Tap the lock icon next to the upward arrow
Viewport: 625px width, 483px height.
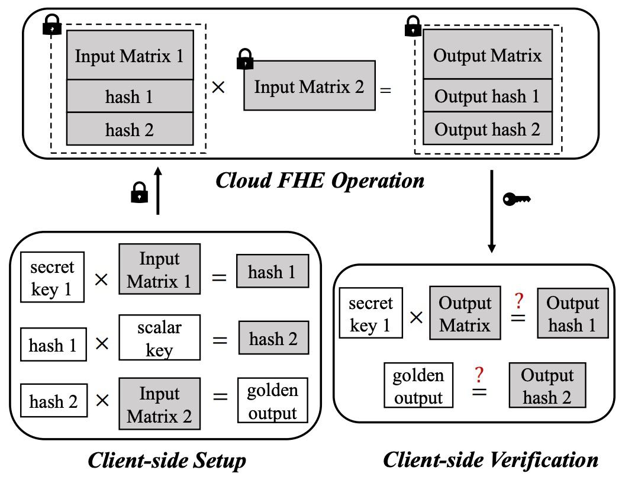(x=138, y=192)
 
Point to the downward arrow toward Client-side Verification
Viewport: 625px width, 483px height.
(x=491, y=210)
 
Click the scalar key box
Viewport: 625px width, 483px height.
(x=159, y=338)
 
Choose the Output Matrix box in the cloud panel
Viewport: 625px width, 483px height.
(x=487, y=56)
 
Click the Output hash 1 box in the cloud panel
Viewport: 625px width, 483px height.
(x=487, y=96)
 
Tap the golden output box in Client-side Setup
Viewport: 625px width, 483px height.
(x=273, y=401)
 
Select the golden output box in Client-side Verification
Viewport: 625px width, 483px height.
(x=418, y=386)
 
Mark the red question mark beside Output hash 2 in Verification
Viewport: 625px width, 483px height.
(x=479, y=375)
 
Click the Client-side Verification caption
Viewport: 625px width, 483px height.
(x=491, y=459)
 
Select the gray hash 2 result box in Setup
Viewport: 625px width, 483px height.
(x=274, y=339)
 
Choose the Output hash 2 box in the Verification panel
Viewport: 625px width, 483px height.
(x=547, y=386)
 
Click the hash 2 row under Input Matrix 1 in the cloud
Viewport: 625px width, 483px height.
(x=130, y=129)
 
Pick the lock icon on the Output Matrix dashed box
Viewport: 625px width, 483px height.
(x=412, y=26)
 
